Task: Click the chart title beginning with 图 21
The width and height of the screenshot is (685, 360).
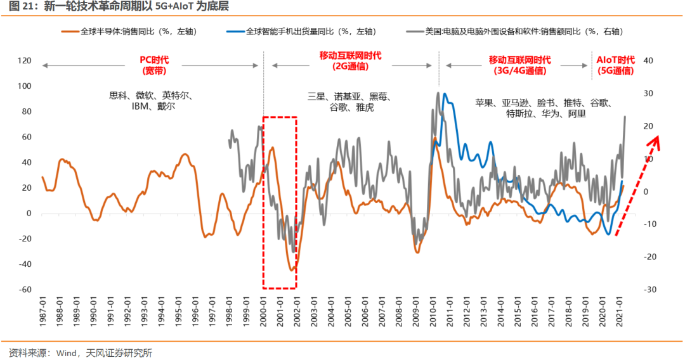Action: pyautogui.click(x=117, y=7)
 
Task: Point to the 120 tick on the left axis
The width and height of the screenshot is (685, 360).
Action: pyautogui.click(x=25, y=61)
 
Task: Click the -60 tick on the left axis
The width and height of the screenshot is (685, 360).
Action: pyautogui.click(x=25, y=290)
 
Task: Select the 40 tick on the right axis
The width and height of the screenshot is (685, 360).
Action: pyautogui.click(x=648, y=61)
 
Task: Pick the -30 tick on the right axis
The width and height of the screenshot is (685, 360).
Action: pyautogui.click(x=648, y=290)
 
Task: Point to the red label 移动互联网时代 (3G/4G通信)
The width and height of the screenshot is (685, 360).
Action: pyautogui.click(x=519, y=65)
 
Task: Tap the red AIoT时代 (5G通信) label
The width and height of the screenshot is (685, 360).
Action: pyautogui.click(x=616, y=65)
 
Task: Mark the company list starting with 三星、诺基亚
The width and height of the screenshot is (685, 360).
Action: pyautogui.click(x=351, y=102)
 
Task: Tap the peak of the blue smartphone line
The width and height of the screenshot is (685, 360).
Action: pyautogui.click(x=445, y=94)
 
